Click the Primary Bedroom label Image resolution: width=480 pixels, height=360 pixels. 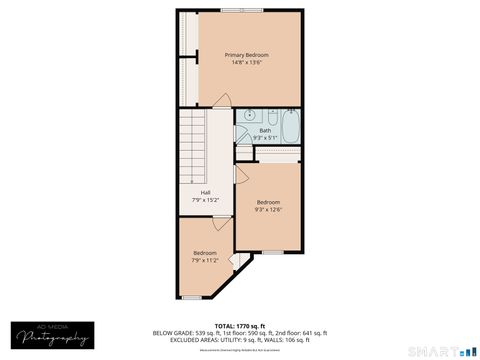(x=247, y=54)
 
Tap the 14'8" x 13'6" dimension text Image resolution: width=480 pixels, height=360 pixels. (x=247, y=63)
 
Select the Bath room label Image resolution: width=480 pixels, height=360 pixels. (x=265, y=130)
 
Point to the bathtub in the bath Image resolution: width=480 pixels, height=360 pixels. (x=289, y=125)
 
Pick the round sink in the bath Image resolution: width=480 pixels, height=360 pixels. (x=247, y=116)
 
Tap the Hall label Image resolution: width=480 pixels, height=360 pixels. (x=205, y=192)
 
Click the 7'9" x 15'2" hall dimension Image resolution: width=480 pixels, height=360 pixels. (x=205, y=200)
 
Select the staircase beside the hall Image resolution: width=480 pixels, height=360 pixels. (x=192, y=144)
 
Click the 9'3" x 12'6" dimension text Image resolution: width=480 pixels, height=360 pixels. (x=268, y=210)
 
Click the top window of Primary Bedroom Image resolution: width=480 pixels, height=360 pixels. (x=243, y=10)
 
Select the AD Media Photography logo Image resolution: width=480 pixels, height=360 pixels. (x=54, y=336)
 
